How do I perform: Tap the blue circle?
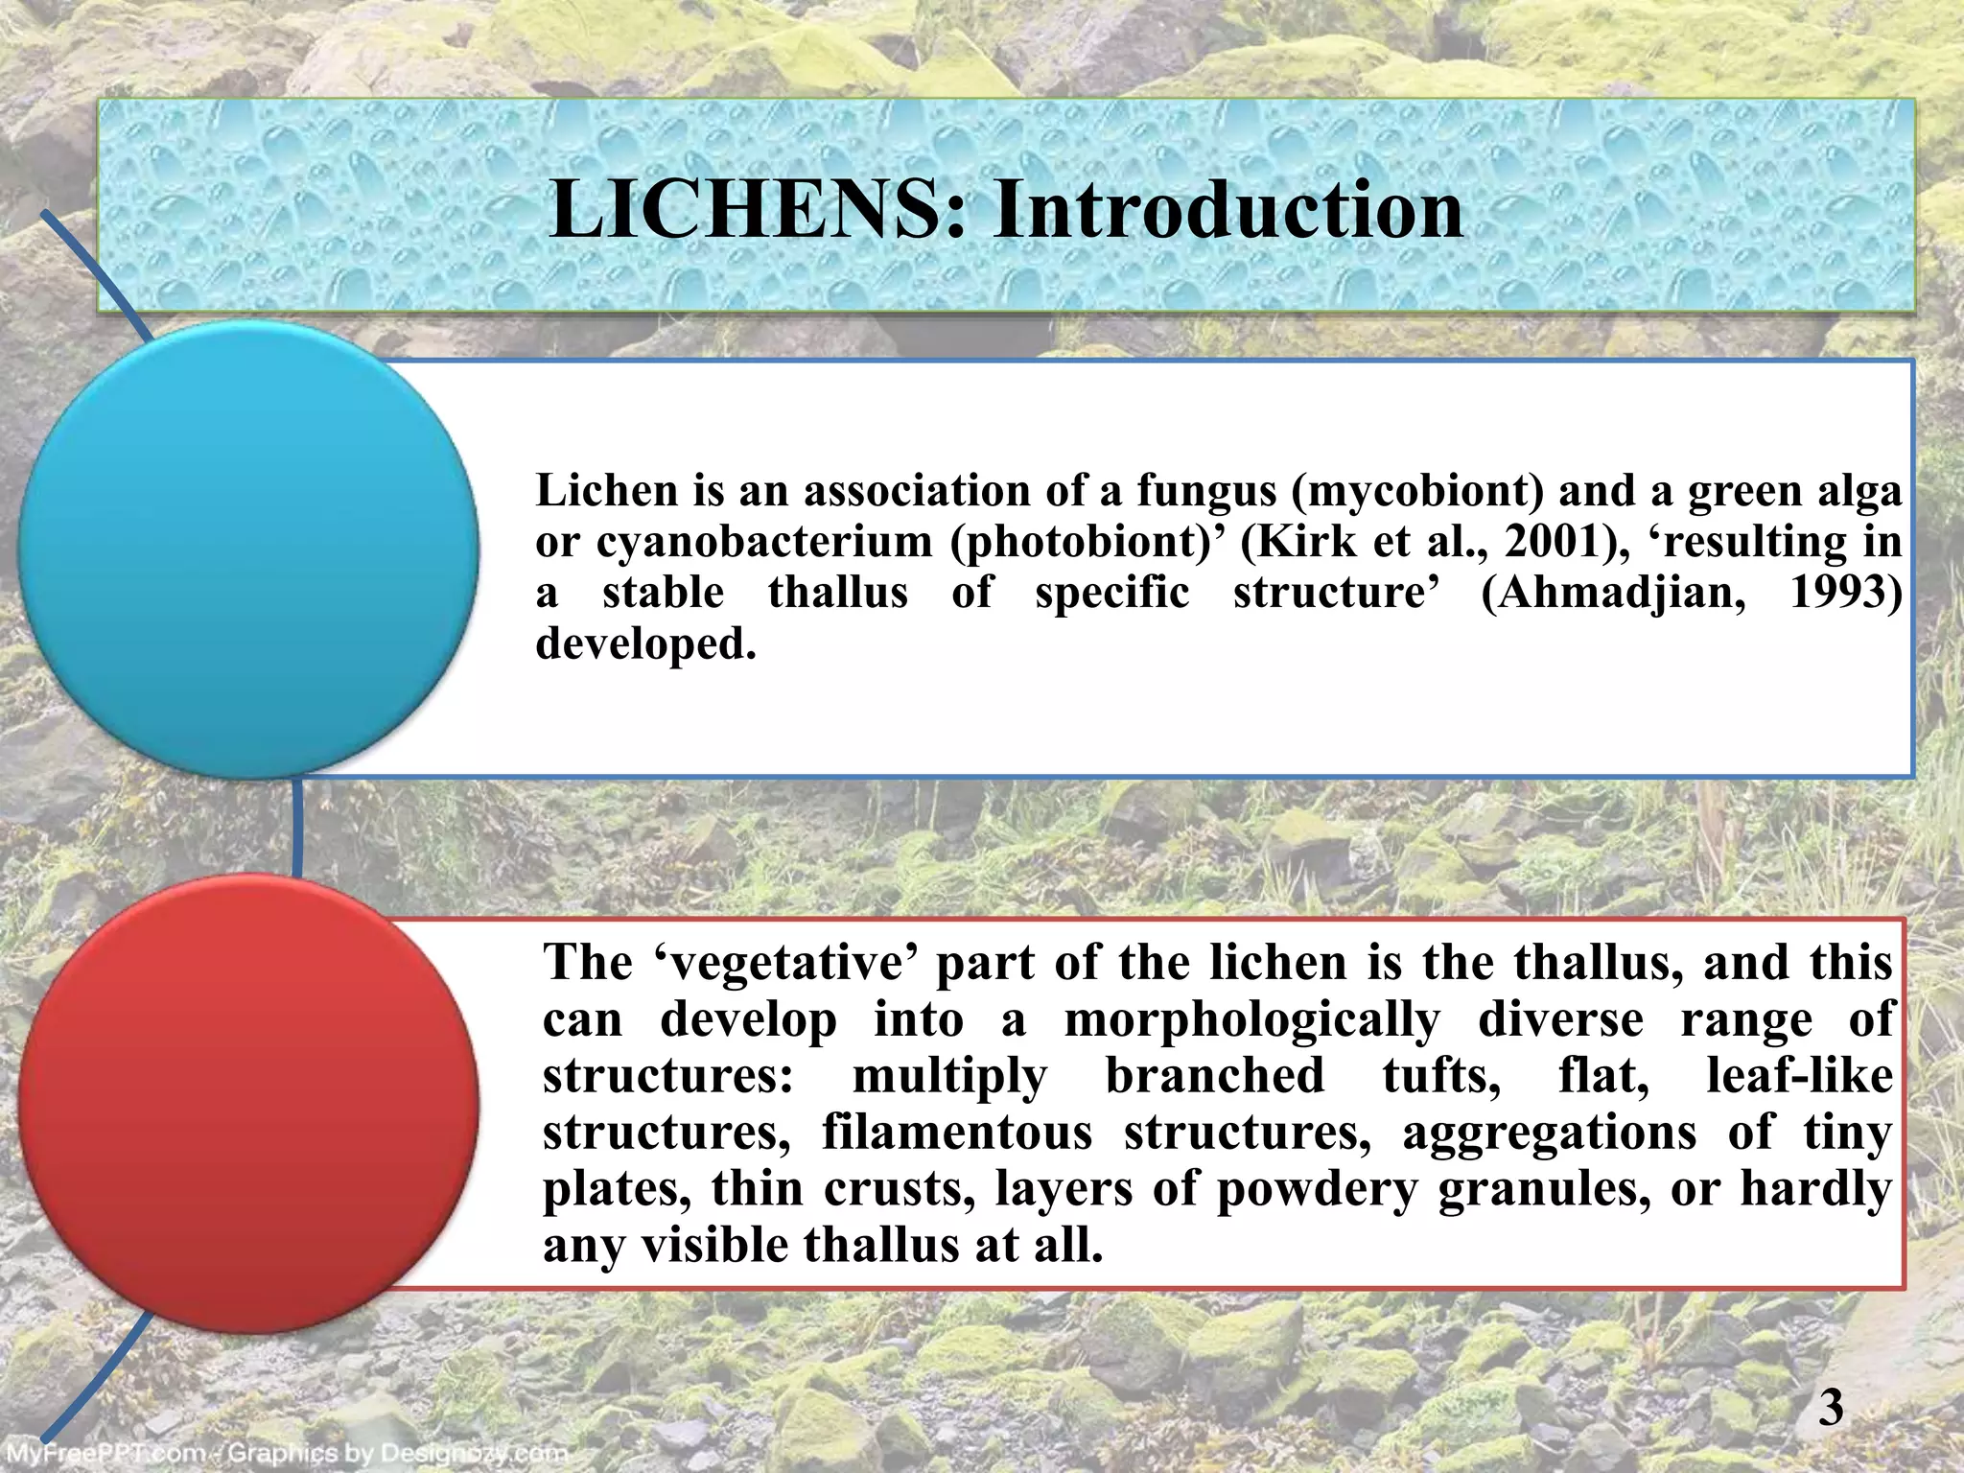(248, 549)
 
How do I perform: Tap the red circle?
(248, 1103)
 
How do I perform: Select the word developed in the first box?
(645, 643)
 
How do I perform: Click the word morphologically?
(1251, 1019)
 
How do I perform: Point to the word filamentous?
(957, 1133)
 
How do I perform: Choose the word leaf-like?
(1799, 1076)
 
